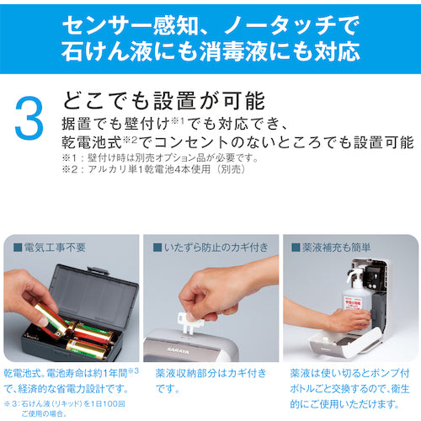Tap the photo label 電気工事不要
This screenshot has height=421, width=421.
pyautogui.click(x=50, y=248)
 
